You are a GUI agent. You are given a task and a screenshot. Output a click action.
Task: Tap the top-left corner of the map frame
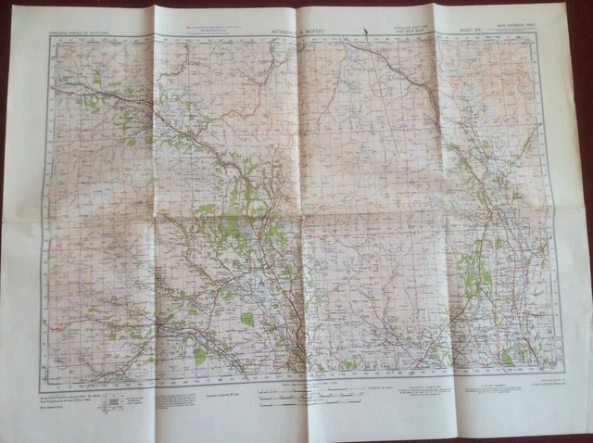click(x=51, y=39)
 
